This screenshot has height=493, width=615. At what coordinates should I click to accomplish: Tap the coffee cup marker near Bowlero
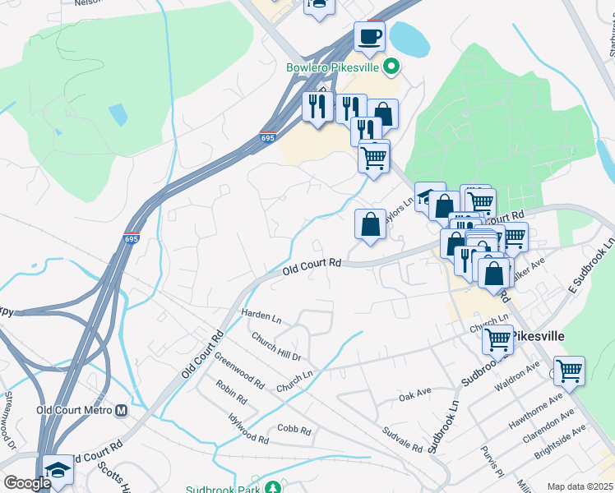point(369,36)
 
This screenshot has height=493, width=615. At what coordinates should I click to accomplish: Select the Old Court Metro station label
point(74,410)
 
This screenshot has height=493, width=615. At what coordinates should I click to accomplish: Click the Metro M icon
point(123,410)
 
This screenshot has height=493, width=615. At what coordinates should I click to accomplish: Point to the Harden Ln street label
point(261,315)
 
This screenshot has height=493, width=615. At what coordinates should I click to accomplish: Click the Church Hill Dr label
point(276,347)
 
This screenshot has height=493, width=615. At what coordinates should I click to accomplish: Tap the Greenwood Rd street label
point(239,372)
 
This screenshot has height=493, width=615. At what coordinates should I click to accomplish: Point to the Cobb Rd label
point(294,430)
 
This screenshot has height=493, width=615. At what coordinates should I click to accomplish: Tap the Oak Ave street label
point(415,397)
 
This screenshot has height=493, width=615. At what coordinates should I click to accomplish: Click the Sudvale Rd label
point(403,440)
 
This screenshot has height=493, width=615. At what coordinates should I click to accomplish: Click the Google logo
point(28,483)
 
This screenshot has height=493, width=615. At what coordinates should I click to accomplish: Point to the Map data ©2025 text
point(579,486)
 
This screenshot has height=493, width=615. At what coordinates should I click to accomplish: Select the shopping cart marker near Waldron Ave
point(569,371)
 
